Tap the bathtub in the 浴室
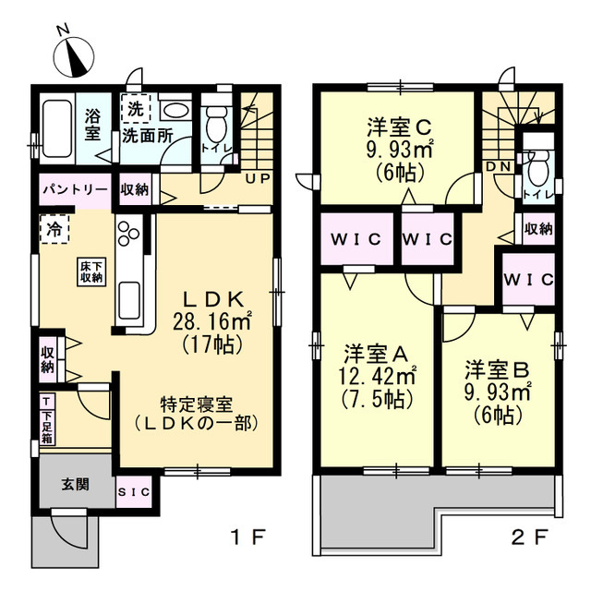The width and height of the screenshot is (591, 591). tap(57, 128)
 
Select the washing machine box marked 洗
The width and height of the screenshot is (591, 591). tap(136, 109)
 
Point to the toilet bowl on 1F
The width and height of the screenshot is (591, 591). tap(216, 126)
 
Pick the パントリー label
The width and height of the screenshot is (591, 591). tap(75, 189)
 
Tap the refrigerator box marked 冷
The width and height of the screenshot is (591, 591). tap(54, 230)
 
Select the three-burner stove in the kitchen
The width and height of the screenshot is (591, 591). tap(129, 234)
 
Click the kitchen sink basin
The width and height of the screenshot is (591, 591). tap(129, 301)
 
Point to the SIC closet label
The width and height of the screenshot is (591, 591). tap(134, 492)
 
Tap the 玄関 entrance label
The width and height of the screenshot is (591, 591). tap(76, 485)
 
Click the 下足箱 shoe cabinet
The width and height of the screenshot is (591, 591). tap(47, 419)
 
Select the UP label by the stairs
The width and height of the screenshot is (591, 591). tap(258, 178)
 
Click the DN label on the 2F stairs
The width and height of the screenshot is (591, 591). tap(499, 166)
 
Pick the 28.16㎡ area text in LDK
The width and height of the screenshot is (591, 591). tap(212, 321)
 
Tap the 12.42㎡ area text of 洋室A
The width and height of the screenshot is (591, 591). tap(378, 375)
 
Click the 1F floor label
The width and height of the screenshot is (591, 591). tap(248, 537)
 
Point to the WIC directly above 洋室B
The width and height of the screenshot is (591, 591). tap(529, 279)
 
